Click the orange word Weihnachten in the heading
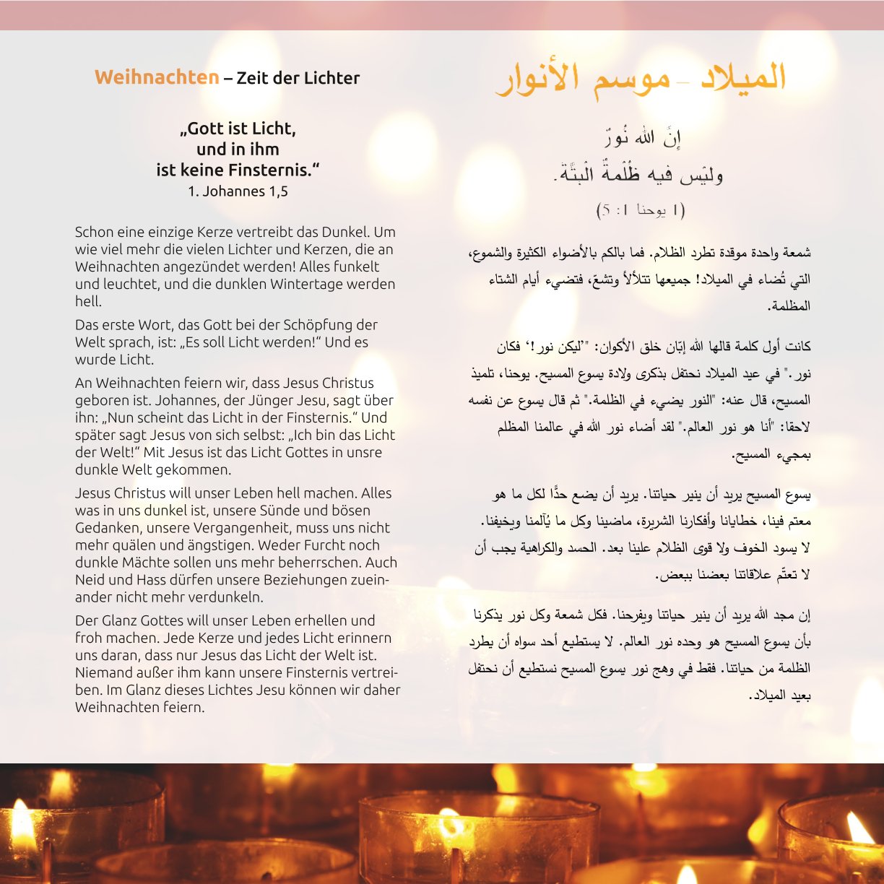coord(157,77)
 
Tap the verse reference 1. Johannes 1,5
coord(238,191)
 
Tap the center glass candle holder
coord(477,838)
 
